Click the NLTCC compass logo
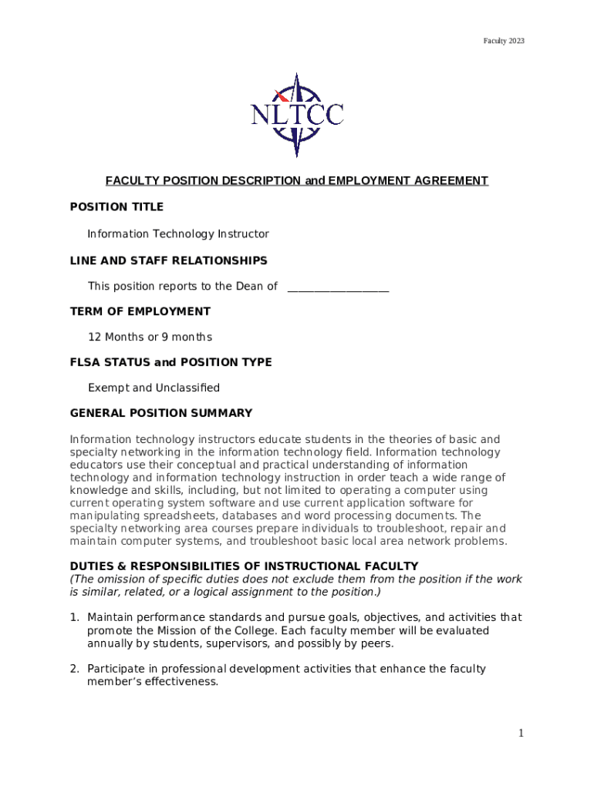coord(297,115)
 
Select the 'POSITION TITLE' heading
coord(116,207)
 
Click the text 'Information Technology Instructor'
coord(178,233)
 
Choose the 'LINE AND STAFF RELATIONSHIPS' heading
coord(169,260)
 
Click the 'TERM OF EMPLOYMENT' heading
coord(140,312)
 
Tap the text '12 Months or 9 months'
coord(150,337)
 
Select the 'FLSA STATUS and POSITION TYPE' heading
coord(170,363)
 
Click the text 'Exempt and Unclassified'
coord(154,388)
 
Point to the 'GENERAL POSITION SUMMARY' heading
coord(161,414)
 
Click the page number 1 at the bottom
coord(521,734)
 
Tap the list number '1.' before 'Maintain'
coord(75,618)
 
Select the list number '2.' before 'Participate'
coord(75,670)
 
